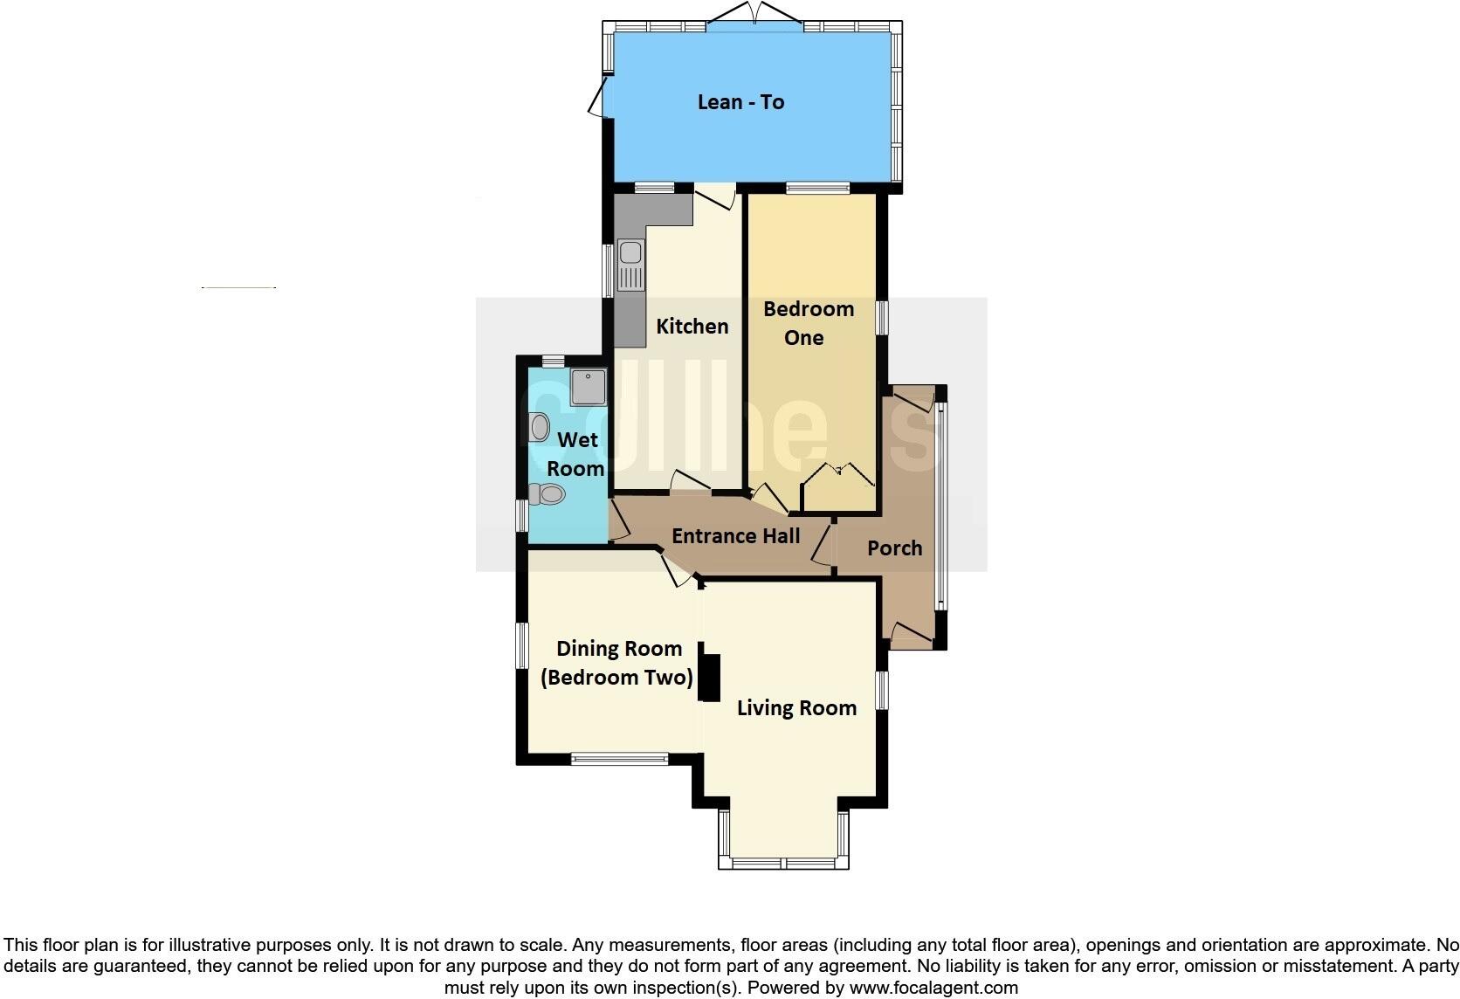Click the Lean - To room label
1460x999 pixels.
(x=740, y=102)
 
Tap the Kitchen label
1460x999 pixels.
(x=692, y=327)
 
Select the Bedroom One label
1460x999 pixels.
(x=807, y=323)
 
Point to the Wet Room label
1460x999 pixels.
(x=576, y=454)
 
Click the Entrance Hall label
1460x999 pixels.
(x=735, y=536)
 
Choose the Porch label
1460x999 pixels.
(x=894, y=548)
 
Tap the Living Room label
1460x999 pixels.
(x=796, y=708)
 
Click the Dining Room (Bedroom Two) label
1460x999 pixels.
(x=618, y=663)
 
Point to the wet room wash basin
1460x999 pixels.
(x=539, y=427)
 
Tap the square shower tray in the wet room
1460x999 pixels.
(x=588, y=387)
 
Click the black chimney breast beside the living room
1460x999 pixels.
(x=710, y=678)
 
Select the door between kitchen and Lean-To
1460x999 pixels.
(x=715, y=196)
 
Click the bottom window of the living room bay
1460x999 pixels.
(x=783, y=864)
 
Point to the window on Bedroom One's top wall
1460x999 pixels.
(x=817, y=188)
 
